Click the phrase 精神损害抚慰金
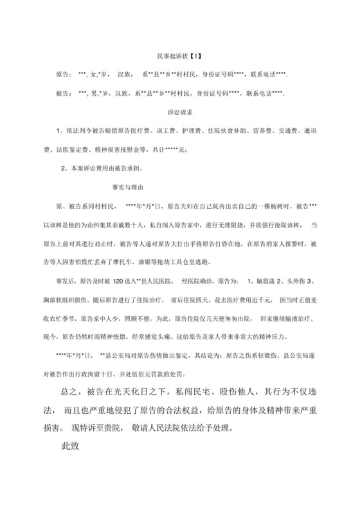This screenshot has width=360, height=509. (132, 150)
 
